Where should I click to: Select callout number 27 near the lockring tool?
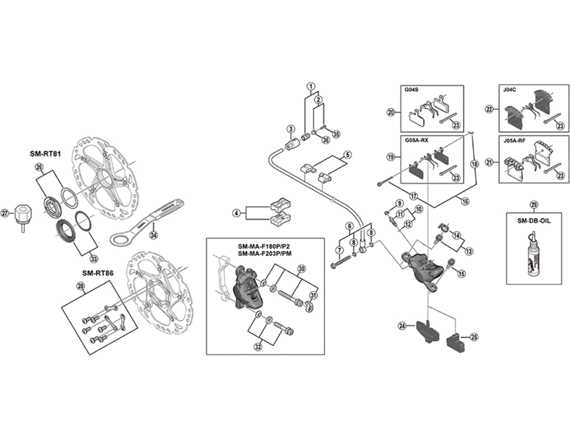tap(6, 213)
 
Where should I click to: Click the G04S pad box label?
tap(412, 92)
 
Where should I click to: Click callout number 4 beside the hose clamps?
tap(235, 213)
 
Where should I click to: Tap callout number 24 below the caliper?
tap(402, 326)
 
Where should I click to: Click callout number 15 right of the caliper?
tap(461, 273)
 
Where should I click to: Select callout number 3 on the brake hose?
tap(290, 129)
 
